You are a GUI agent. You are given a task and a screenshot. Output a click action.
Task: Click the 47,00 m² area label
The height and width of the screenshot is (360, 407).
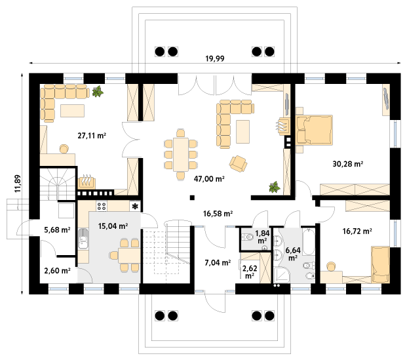coord(209,179)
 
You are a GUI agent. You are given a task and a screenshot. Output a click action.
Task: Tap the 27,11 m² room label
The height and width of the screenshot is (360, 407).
coord(92,136)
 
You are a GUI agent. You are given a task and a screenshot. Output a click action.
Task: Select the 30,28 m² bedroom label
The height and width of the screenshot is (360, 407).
coord(348,164)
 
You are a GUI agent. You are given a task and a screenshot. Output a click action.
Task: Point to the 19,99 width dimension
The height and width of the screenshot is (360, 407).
coord(215,59)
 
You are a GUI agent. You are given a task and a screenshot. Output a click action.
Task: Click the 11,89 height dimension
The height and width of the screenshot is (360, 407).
coord(18,184)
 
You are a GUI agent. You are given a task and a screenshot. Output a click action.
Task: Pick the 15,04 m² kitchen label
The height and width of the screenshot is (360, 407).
coord(113,226)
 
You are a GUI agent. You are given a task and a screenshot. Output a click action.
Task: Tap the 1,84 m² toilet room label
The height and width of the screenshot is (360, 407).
coord(262,237)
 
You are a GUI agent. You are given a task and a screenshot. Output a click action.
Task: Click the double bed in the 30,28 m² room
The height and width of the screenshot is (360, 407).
coord(314,130)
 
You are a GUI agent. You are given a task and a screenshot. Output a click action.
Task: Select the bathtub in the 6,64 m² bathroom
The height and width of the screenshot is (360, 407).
coord(309,241)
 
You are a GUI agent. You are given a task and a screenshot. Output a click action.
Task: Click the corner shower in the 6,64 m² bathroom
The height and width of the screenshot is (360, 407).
coord(281,275)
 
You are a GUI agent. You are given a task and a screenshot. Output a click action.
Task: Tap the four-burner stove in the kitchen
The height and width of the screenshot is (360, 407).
coord(102,207)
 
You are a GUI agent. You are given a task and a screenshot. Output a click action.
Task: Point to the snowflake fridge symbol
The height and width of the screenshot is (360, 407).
coord(135,207)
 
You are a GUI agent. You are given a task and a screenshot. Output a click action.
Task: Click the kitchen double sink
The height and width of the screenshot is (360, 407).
coord(83,239)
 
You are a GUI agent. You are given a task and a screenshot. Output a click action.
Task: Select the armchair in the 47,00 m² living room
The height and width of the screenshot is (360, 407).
coord(238,164)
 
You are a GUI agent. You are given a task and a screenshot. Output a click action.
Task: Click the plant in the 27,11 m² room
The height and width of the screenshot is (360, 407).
coord(98,92)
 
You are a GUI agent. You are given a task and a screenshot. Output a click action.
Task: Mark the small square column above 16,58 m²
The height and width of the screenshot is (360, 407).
coord(192,197)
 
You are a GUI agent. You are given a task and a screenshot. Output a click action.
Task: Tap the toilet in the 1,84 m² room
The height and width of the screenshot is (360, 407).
coord(247,237)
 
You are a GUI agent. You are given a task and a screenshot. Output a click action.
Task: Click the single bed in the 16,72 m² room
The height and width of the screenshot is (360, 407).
coord(381,265)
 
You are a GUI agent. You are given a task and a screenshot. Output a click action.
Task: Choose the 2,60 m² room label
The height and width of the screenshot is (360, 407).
coord(58,271)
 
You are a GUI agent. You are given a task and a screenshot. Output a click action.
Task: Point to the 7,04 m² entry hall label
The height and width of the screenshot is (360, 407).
coord(218,263)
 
